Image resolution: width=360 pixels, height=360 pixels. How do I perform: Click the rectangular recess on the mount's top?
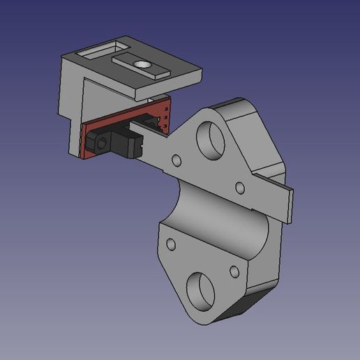click(x=95, y=52)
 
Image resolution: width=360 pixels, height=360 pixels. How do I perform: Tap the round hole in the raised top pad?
click(x=144, y=63)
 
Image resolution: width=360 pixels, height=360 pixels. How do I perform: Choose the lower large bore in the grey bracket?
click(x=201, y=291)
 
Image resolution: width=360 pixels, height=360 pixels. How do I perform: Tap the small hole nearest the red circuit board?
click(x=177, y=161)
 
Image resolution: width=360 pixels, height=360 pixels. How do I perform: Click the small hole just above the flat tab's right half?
click(x=239, y=187)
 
